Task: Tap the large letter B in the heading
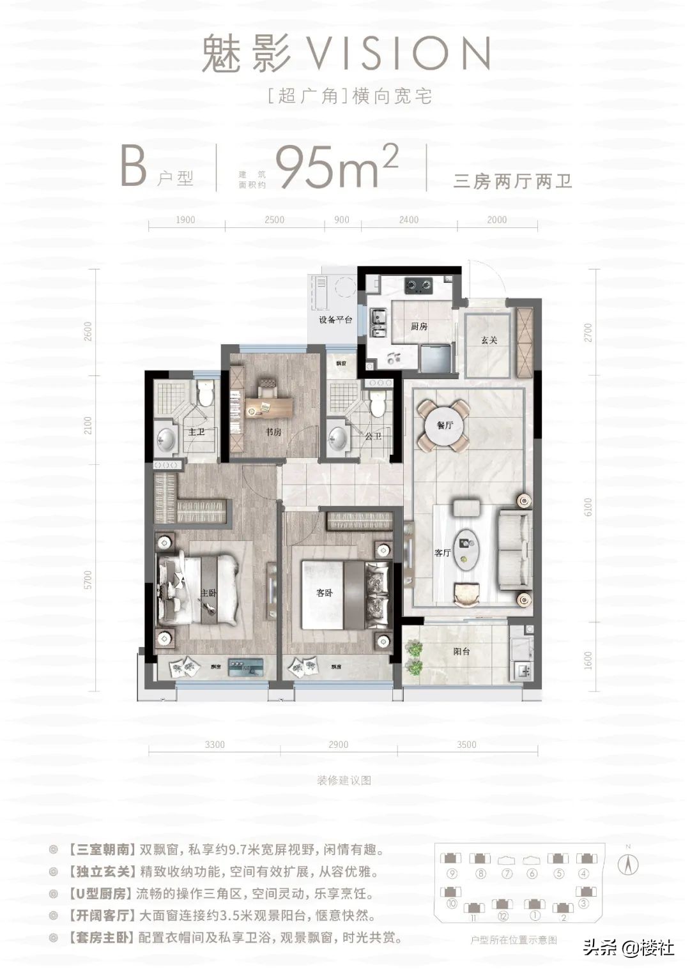(x=134, y=167)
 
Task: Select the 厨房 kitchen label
(x=419, y=326)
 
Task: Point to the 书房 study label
(x=273, y=432)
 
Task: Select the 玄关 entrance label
(x=489, y=340)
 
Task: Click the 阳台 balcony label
(x=461, y=652)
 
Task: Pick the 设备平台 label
(x=335, y=319)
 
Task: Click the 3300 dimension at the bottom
(x=215, y=745)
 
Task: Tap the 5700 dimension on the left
(x=88, y=579)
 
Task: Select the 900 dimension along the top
(x=342, y=220)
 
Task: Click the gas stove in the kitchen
(x=418, y=285)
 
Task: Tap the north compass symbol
(x=629, y=864)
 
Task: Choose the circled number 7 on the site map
(x=508, y=874)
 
